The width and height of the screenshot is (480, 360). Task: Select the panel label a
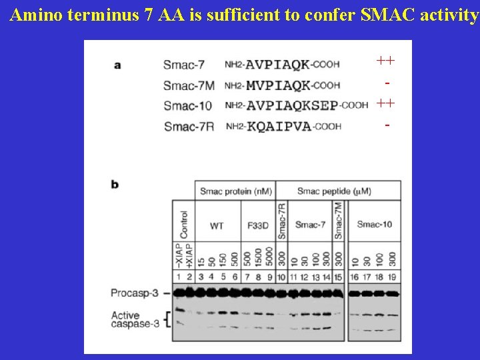coord(117,65)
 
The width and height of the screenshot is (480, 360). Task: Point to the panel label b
coord(115,184)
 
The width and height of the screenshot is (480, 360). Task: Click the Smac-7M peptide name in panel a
coord(189,85)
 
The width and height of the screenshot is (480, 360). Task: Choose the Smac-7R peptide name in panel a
coord(189,127)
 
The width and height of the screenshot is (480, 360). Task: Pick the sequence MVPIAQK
coord(278,85)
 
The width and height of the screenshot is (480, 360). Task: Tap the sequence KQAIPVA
coord(279,127)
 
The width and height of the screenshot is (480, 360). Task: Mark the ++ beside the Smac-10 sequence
coord(385,103)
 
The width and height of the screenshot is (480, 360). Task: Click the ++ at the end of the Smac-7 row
coord(385,61)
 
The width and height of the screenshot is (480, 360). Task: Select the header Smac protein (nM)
coord(235,191)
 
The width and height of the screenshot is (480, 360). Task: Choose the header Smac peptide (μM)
coord(333,191)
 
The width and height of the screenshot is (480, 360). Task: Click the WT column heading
coord(217,226)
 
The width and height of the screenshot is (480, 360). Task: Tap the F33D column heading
coord(257,226)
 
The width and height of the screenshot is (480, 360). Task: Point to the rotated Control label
coord(184,225)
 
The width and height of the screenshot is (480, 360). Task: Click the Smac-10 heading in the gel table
coord(375,225)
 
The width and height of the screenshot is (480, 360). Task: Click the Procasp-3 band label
coord(136,293)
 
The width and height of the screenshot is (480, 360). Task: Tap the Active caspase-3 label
coord(135,319)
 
